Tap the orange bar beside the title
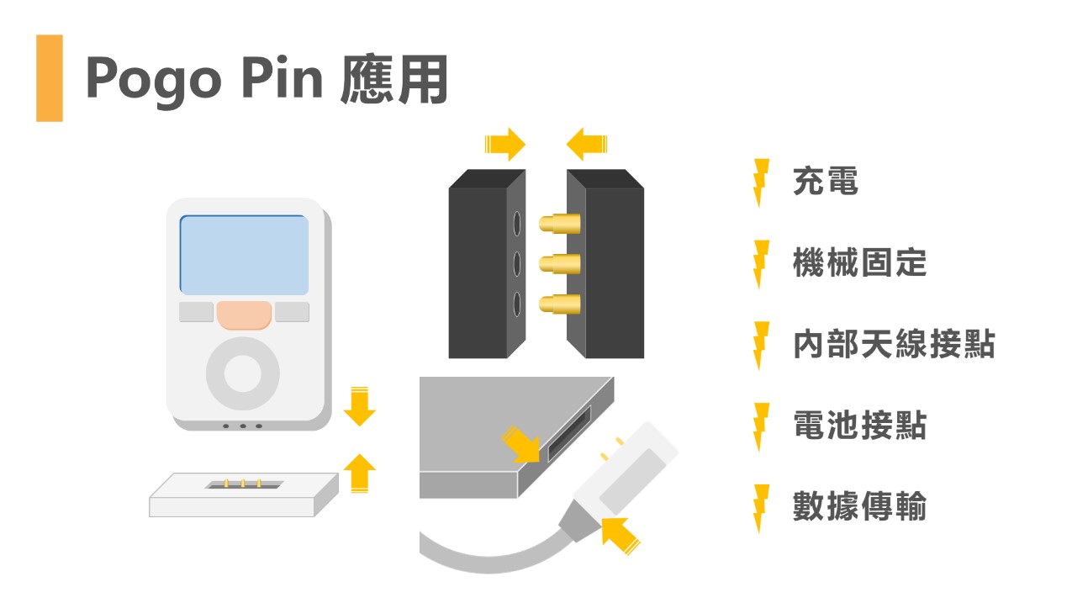[x=50, y=78]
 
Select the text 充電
[x=825, y=182]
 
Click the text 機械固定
[x=859, y=263]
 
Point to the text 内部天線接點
[x=893, y=345]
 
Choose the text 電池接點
[x=859, y=426]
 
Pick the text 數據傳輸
[x=859, y=507]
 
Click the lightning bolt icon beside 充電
[x=761, y=182]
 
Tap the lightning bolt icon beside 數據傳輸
[x=761, y=508]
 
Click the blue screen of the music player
[x=244, y=255]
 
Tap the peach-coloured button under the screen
[x=244, y=315]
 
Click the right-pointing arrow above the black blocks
[x=504, y=145]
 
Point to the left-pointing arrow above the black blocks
[x=588, y=145]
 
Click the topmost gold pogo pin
[x=559, y=225]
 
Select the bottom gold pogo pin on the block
[x=559, y=304]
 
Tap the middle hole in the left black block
[x=517, y=264]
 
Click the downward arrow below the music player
[x=360, y=406]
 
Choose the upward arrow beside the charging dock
[x=361, y=473]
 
